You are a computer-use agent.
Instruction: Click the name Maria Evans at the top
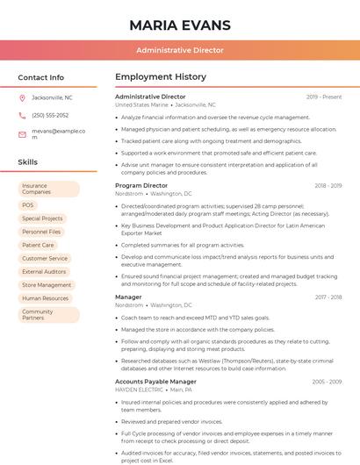(x=179, y=25)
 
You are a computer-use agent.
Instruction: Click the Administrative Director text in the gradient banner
(x=179, y=50)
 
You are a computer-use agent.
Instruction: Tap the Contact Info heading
(x=40, y=77)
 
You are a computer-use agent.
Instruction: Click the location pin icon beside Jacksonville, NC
(x=23, y=97)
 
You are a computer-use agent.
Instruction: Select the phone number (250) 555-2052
(x=50, y=115)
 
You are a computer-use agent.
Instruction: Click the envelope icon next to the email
(x=23, y=134)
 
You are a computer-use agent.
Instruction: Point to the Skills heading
(x=28, y=162)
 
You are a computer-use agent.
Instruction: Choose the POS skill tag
(x=28, y=204)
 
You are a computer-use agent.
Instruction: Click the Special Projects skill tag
(x=42, y=218)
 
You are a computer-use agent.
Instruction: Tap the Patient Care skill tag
(x=38, y=245)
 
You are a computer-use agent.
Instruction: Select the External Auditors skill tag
(x=44, y=272)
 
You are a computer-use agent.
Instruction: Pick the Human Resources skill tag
(x=45, y=298)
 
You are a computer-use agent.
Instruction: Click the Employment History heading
(x=160, y=77)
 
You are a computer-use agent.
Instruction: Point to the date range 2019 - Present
(x=323, y=97)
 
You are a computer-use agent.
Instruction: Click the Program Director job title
(x=141, y=186)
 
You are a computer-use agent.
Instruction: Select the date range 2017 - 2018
(x=328, y=297)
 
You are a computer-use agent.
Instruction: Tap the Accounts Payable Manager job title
(x=155, y=382)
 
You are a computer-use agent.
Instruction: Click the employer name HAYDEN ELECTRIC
(x=140, y=389)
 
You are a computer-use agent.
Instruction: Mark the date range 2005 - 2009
(x=327, y=382)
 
